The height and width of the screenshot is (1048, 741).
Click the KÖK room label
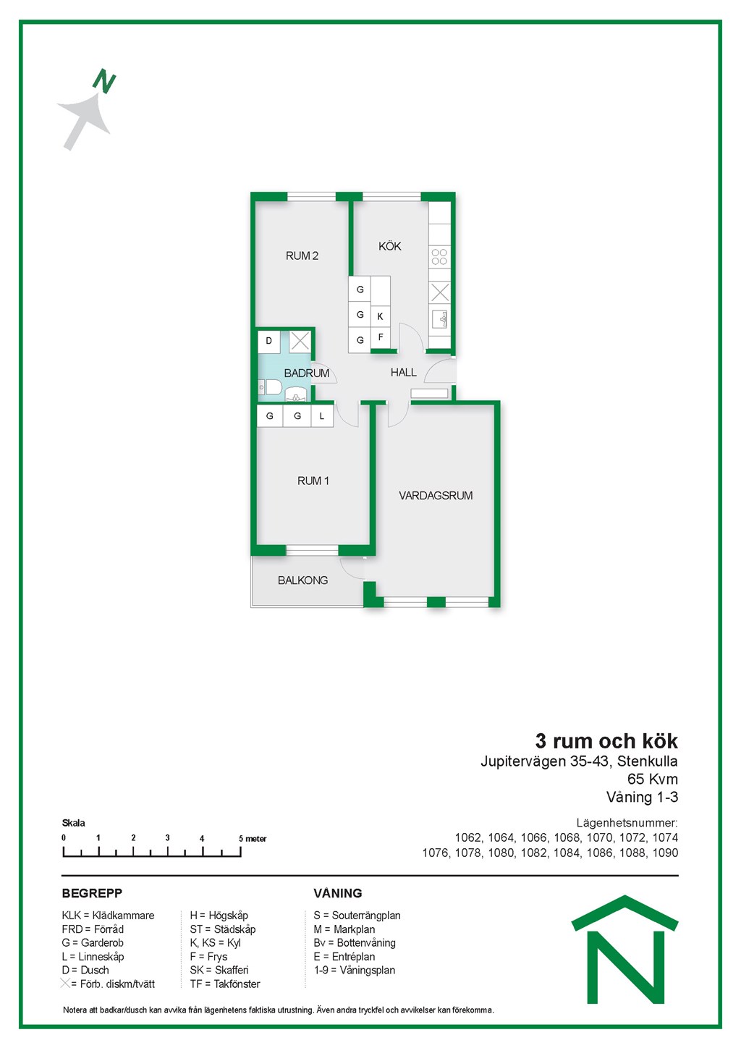click(390, 246)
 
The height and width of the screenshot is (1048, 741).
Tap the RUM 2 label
click(302, 256)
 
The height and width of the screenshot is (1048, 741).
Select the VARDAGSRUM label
click(436, 496)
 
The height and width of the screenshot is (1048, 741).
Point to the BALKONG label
click(302, 580)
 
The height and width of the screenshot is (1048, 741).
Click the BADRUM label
click(307, 373)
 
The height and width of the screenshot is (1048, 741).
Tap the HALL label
click(403, 373)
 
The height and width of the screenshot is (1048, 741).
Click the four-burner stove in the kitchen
click(439, 257)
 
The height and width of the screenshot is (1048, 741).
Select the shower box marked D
click(269, 341)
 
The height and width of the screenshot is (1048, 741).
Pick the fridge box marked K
click(381, 316)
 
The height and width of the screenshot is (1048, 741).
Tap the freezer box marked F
click(381, 338)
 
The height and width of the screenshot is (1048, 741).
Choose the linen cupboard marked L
click(322, 416)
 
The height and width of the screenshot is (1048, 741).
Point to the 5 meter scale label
click(253, 838)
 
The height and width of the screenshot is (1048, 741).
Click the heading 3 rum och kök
click(606, 741)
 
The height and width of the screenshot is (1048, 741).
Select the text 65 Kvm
click(653, 779)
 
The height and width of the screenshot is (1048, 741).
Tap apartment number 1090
click(665, 853)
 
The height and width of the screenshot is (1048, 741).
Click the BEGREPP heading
click(92, 893)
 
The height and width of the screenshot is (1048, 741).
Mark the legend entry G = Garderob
click(93, 942)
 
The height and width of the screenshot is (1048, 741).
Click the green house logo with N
click(625, 950)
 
